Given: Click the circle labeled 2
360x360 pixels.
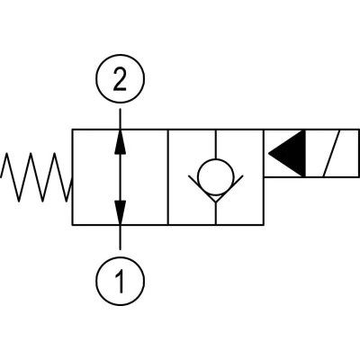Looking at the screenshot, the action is point(120,55).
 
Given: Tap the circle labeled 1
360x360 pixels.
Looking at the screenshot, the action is point(120,257).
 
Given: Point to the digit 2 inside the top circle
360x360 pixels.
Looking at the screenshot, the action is point(120,79).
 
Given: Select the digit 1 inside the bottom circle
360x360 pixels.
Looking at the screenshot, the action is point(120,282).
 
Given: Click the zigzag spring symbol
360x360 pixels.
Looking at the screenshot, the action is point(37,177).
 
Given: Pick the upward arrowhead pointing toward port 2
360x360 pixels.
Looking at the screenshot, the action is point(120,141).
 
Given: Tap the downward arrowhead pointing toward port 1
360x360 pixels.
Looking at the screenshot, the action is point(120,212).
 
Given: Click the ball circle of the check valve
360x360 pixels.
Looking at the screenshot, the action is point(216,158).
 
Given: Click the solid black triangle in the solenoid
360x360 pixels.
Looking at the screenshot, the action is point(287,153).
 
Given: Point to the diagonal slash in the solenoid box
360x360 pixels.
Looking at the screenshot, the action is point(331,153).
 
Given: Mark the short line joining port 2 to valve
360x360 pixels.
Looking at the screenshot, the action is point(121,119).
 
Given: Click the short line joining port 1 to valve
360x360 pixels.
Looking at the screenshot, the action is point(121,237).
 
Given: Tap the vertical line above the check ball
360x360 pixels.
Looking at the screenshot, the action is point(216,144).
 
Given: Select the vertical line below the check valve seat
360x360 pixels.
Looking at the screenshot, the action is point(216,213).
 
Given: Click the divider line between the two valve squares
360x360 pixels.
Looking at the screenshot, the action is point(168,177).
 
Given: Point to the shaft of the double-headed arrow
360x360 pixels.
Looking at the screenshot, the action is point(121,177).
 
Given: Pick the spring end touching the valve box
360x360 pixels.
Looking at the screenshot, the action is point(71,183).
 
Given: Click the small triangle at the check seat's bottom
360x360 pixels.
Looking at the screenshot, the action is point(216,198).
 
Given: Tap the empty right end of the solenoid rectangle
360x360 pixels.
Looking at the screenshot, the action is point(348,153).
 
